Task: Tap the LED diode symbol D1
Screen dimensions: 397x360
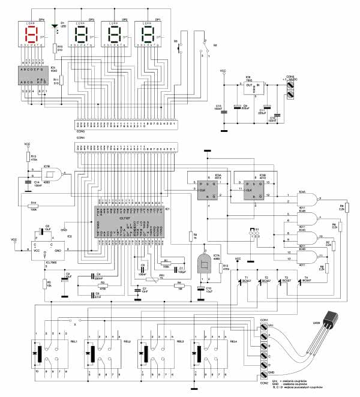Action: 56,26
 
